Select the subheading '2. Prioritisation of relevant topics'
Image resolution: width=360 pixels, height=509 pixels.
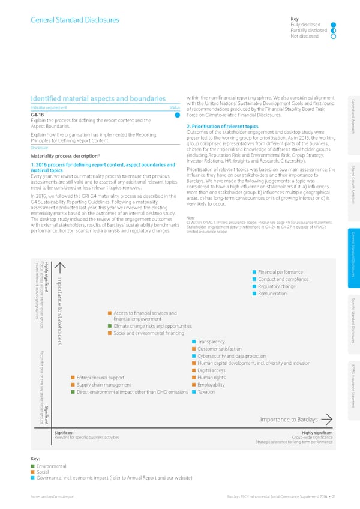tap(223, 127)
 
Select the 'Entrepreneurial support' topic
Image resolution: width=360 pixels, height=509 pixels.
tap(100, 378)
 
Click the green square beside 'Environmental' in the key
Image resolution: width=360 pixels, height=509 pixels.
tap(32, 466)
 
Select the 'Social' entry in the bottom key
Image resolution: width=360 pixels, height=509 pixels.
tap(43, 472)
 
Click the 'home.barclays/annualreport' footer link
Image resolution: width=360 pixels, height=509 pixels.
tap(57, 498)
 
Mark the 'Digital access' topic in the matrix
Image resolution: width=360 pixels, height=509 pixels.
tap(215, 370)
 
